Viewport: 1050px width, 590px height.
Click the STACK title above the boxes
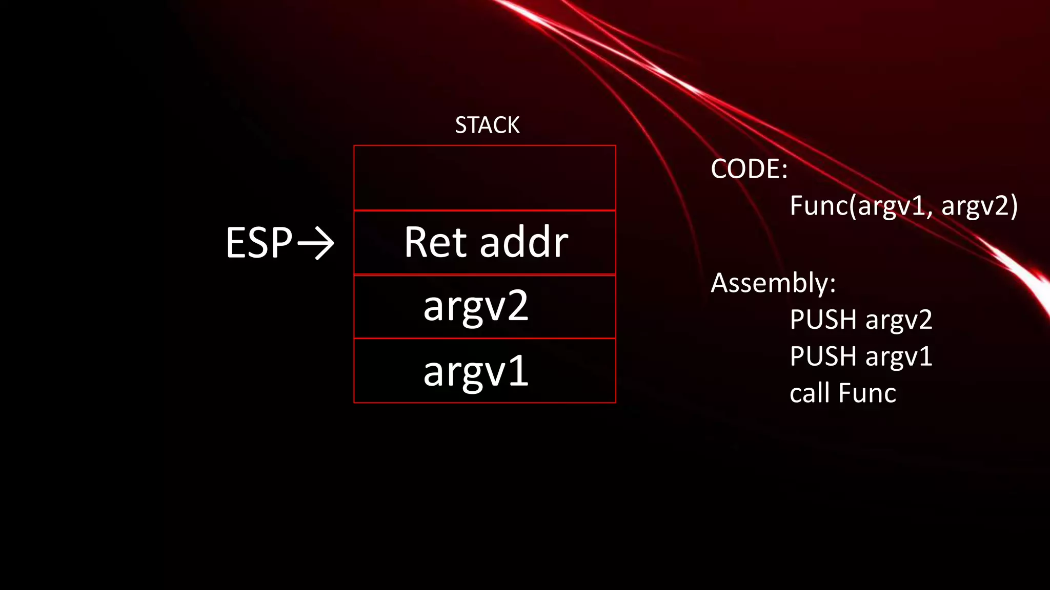(487, 125)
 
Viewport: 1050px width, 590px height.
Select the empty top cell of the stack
(484, 178)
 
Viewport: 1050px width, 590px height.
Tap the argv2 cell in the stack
(484, 307)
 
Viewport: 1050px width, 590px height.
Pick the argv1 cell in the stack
(484, 371)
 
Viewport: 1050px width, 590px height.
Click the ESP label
(259, 243)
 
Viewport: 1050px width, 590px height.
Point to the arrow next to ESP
(316, 243)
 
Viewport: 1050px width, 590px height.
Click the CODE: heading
(749, 169)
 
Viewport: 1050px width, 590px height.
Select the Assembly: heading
(773, 283)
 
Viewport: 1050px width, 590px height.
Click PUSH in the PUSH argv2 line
(823, 320)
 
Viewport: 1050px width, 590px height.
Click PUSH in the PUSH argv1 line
(823, 356)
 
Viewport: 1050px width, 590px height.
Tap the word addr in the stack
(524, 242)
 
